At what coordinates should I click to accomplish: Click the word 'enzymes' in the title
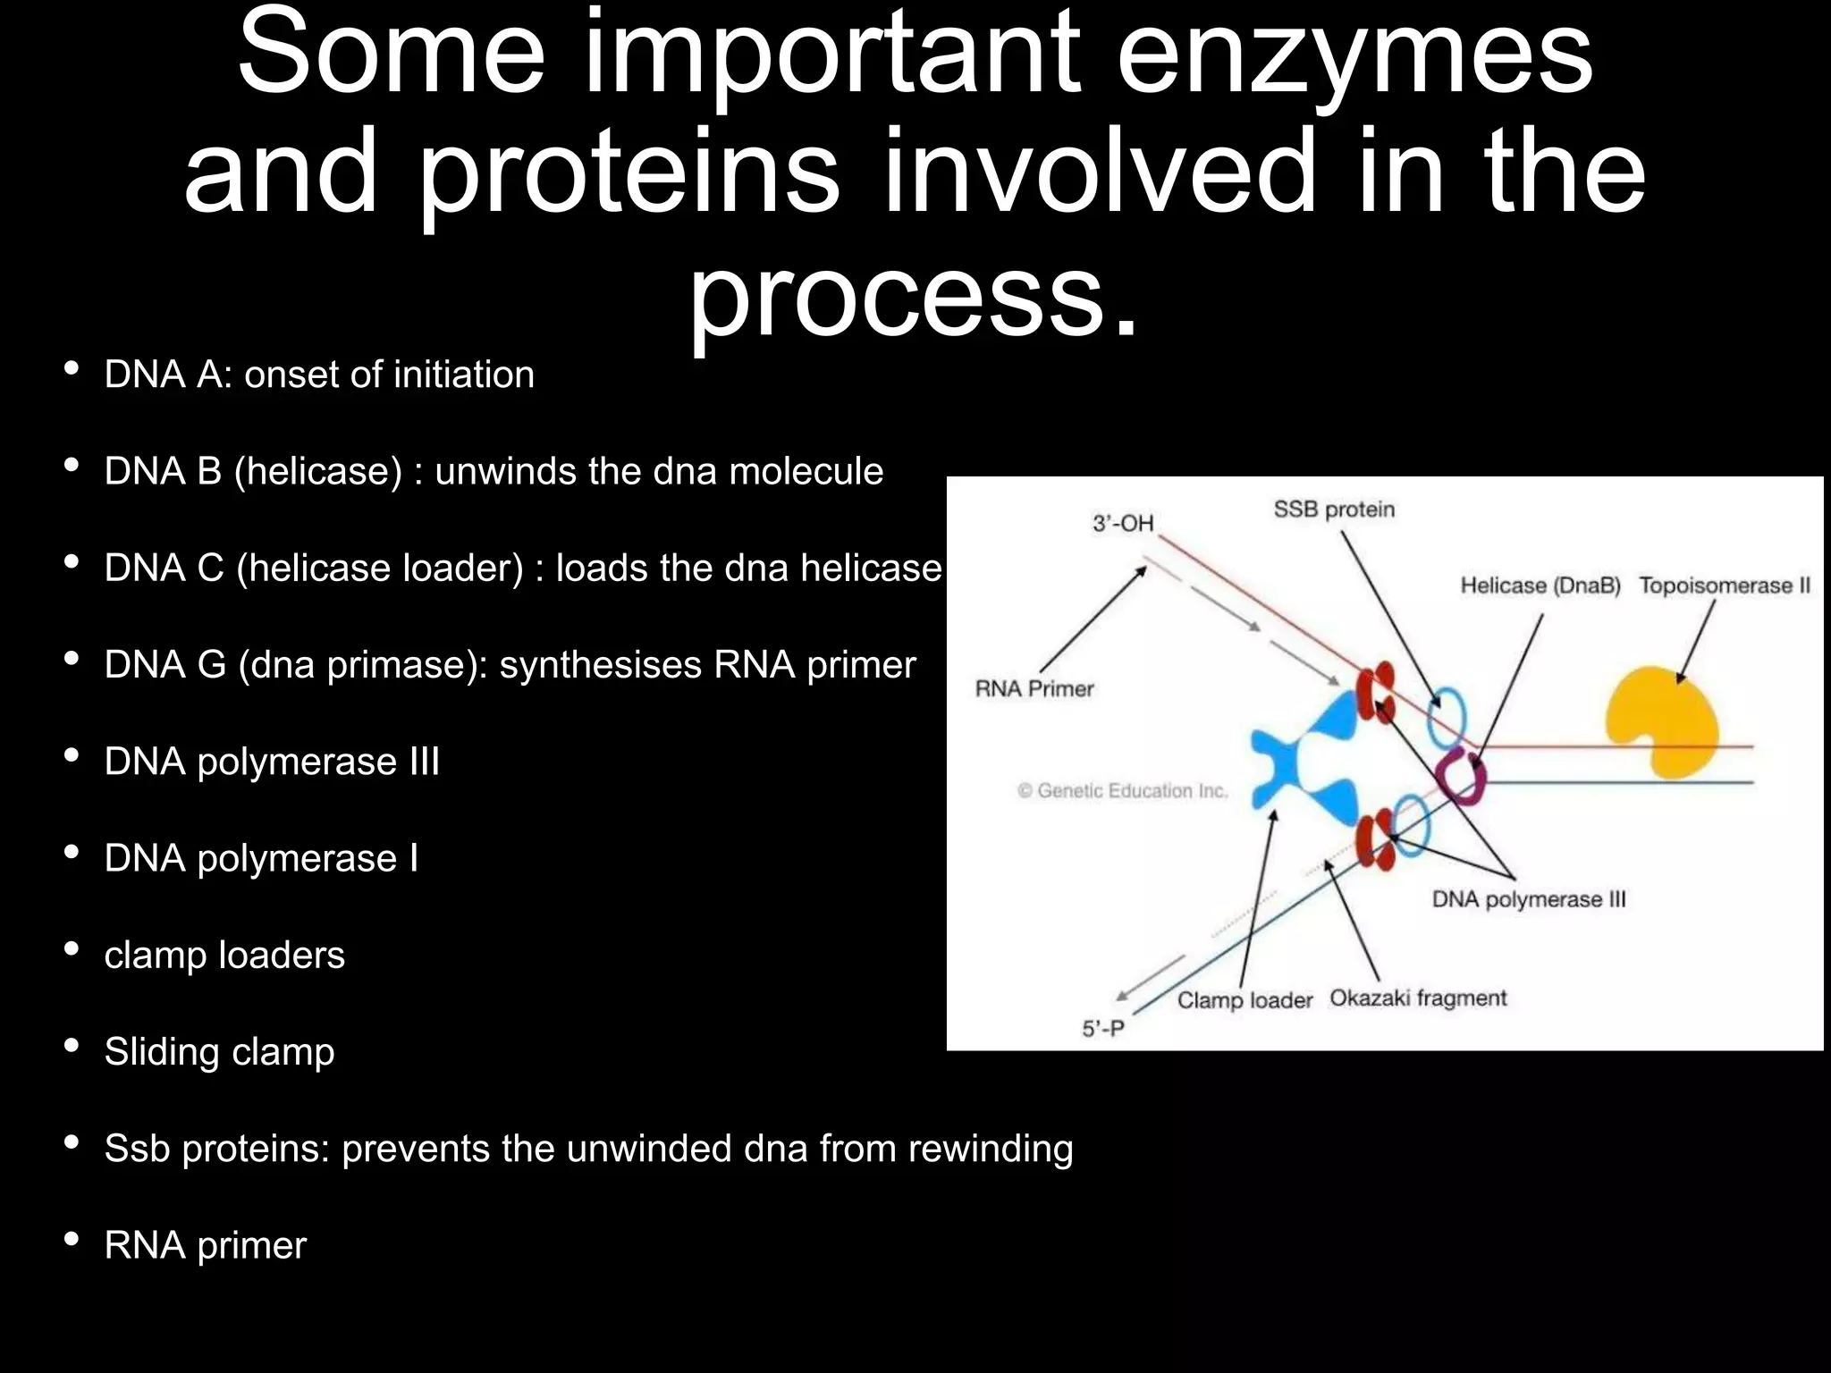pyautogui.click(x=1354, y=55)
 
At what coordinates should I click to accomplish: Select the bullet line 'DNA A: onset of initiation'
pyautogui.click(x=319, y=375)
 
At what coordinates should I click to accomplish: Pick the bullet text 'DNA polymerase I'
pyautogui.click(x=261, y=858)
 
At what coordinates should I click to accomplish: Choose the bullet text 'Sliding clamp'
pyautogui.click(x=219, y=1052)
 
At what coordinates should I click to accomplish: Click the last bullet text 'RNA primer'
pyautogui.click(x=205, y=1245)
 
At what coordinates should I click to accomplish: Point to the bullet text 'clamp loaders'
pyautogui.click(x=224, y=956)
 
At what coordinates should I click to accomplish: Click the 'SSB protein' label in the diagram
pyautogui.click(x=1334, y=510)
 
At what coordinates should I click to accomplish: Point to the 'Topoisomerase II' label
pyautogui.click(x=1725, y=585)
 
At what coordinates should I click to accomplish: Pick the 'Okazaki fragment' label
pyautogui.click(x=1418, y=998)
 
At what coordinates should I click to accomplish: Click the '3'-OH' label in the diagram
pyautogui.click(x=1123, y=523)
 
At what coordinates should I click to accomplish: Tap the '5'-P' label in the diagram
pyautogui.click(x=1103, y=1029)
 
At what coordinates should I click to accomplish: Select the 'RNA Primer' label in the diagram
pyautogui.click(x=1034, y=689)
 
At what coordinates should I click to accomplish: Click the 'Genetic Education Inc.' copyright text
pyautogui.click(x=1123, y=791)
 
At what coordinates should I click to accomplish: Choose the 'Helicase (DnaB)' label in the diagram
pyautogui.click(x=1540, y=585)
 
